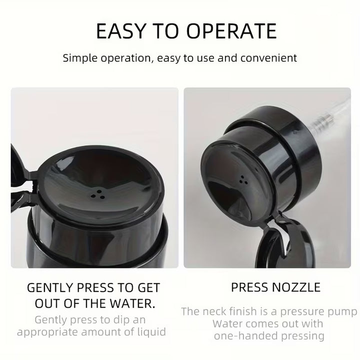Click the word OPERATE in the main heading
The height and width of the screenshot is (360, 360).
tap(231, 31)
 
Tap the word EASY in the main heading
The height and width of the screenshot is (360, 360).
tap(121, 31)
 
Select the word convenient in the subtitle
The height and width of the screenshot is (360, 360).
tap(268, 58)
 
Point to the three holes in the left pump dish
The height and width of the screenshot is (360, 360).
tap(98, 194)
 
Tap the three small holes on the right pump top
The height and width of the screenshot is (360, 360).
tap(243, 180)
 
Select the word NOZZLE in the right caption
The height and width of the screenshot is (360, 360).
tap(297, 287)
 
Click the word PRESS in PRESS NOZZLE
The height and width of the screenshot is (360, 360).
tap(250, 287)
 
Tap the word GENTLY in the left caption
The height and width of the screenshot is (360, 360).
tap(49, 288)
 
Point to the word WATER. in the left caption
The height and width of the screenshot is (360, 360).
tap(132, 303)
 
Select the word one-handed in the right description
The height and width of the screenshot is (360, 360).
tap(245, 336)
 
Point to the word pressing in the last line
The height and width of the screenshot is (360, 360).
tap(303, 336)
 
